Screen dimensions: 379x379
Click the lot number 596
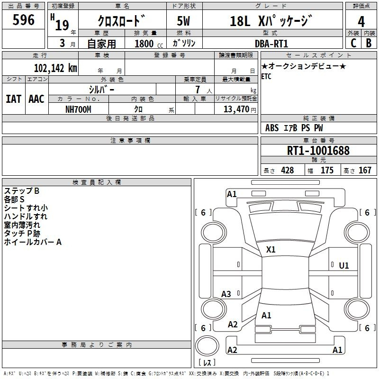23,20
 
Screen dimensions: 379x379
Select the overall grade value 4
361,22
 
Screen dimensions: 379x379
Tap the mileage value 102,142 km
55,68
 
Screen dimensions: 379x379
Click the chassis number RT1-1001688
318,150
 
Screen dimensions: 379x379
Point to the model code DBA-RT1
271,44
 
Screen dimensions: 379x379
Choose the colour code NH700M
78,109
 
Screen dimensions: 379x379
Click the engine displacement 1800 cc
149,44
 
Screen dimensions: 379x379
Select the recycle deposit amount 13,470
236,109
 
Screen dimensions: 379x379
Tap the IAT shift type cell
14,99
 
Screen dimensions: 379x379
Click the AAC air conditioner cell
36,99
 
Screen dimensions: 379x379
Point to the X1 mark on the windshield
271,250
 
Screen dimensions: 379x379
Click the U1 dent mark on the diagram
344,266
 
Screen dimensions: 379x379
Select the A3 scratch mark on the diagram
226,294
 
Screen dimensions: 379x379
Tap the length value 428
288,170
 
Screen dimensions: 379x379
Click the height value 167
365,170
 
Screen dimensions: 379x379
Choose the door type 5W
183,21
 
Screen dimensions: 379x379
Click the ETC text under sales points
266,76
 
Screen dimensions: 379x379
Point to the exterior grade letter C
353,43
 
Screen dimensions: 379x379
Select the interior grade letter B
369,43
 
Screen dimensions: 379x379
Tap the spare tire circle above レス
207,346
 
